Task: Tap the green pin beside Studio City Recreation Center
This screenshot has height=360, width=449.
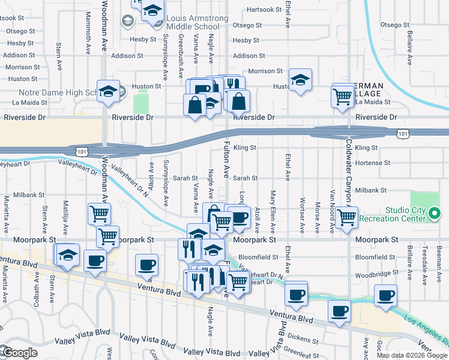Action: [x=436, y=212]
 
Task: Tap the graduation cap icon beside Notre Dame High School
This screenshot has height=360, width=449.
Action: [x=108, y=91]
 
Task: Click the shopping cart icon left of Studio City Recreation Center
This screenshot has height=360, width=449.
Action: [x=346, y=217]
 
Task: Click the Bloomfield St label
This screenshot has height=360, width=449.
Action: [x=259, y=257]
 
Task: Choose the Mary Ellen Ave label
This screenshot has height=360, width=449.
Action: [x=273, y=211]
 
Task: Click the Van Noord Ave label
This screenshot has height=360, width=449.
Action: [x=332, y=211]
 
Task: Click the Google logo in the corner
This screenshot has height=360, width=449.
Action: [x=20, y=353]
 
